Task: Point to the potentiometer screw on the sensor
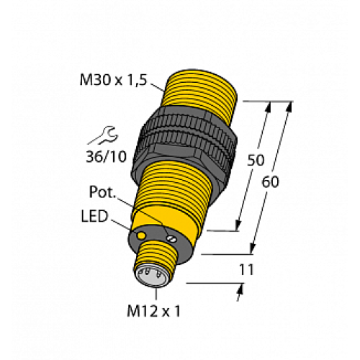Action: pyautogui.click(x=172, y=238)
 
